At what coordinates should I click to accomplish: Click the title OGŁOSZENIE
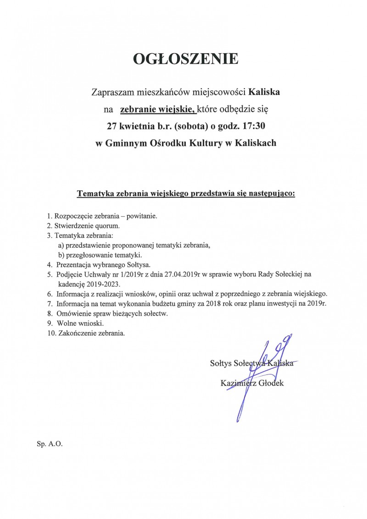[185, 59]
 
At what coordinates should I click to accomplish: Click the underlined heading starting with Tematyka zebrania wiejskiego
[186, 193]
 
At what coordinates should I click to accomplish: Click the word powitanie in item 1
[142, 216]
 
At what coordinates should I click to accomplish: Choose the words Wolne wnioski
[77, 323]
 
